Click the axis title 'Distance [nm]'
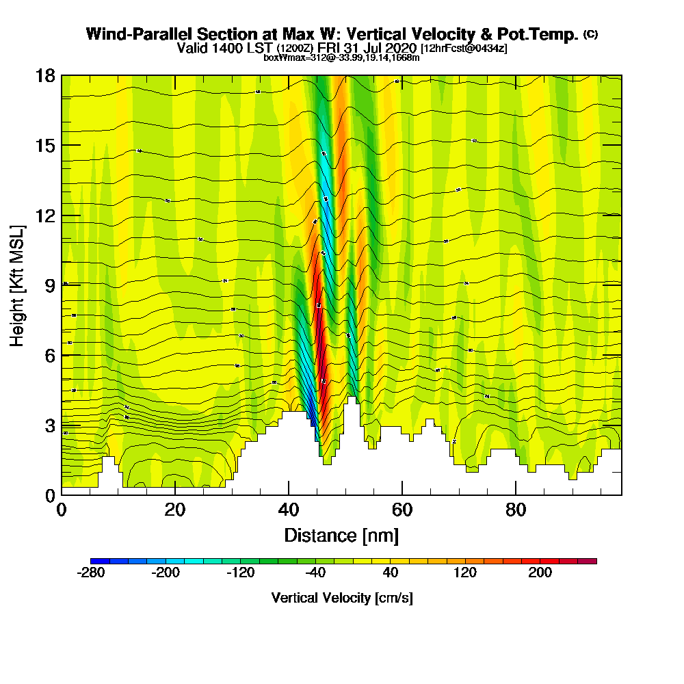pos(341,535)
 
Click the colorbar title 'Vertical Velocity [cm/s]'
pos(342,598)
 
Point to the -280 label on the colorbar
pos(92,573)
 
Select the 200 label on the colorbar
pos(540,573)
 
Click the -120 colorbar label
pos(241,573)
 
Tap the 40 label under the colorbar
pos(391,573)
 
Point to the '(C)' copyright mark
pos(590,34)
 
